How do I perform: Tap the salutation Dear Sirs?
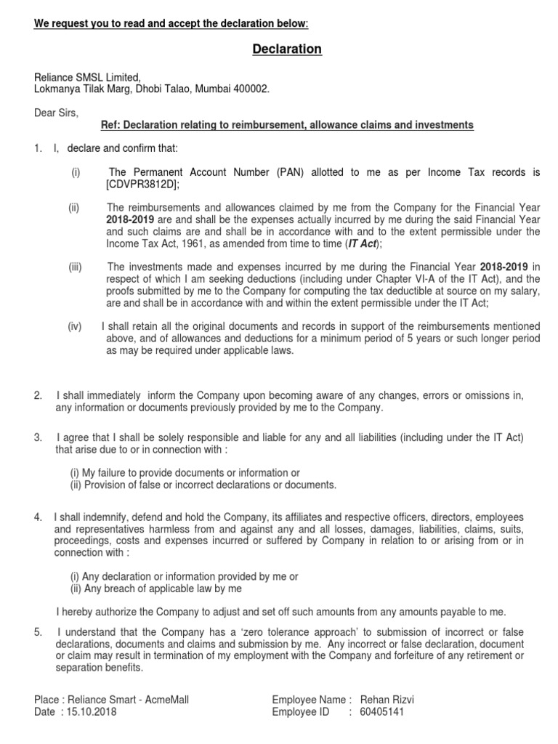click(56, 113)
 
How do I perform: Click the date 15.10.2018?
click(90, 712)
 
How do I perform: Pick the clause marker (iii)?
click(76, 267)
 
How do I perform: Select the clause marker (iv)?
click(76, 327)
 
